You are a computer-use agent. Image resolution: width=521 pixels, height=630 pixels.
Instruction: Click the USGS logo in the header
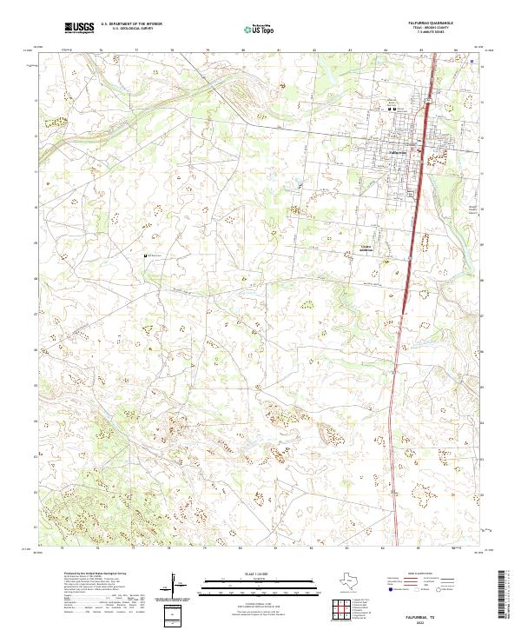pos(80,29)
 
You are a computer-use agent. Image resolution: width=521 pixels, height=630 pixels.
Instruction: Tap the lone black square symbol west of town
pos(146,255)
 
